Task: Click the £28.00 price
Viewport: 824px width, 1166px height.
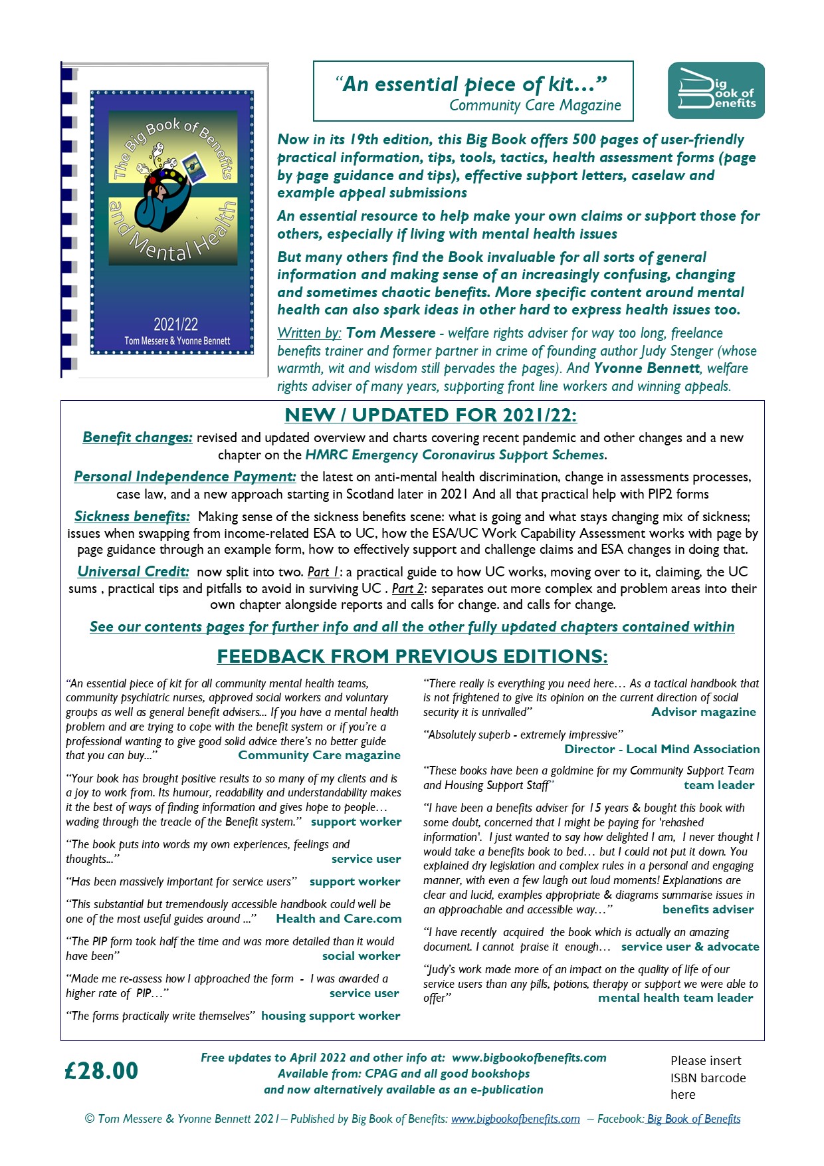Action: pos(102,1071)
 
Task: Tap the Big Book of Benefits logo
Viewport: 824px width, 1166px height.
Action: pos(716,91)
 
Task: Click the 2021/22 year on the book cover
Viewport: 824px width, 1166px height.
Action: pos(175,324)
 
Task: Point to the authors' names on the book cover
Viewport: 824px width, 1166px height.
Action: pos(177,341)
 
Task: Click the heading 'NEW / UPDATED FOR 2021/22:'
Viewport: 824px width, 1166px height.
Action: pos(431,415)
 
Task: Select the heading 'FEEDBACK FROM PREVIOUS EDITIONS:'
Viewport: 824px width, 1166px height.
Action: pos(412,656)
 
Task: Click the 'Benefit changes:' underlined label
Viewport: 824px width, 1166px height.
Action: pos(138,437)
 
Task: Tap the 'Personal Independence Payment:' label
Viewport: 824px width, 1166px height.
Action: pos(185,477)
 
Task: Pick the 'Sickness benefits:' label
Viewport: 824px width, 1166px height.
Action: pos(132,517)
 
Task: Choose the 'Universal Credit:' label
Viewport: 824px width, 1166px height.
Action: pos(133,572)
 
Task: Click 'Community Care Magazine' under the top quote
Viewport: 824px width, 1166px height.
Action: pos(535,105)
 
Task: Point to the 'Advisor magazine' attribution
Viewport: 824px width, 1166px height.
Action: pos(703,712)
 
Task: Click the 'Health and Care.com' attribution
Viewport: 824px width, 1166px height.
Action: pos(338,919)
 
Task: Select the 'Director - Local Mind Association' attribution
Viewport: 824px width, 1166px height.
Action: pos(662,749)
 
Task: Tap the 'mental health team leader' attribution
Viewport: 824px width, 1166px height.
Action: pos(675,998)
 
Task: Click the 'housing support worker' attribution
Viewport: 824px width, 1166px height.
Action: pos(330,1016)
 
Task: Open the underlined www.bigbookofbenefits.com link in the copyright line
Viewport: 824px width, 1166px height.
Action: pos(515,1119)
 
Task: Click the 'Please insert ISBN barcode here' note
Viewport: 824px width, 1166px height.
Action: pos(708,1078)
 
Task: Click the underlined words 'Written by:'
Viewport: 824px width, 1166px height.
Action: pos(309,333)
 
